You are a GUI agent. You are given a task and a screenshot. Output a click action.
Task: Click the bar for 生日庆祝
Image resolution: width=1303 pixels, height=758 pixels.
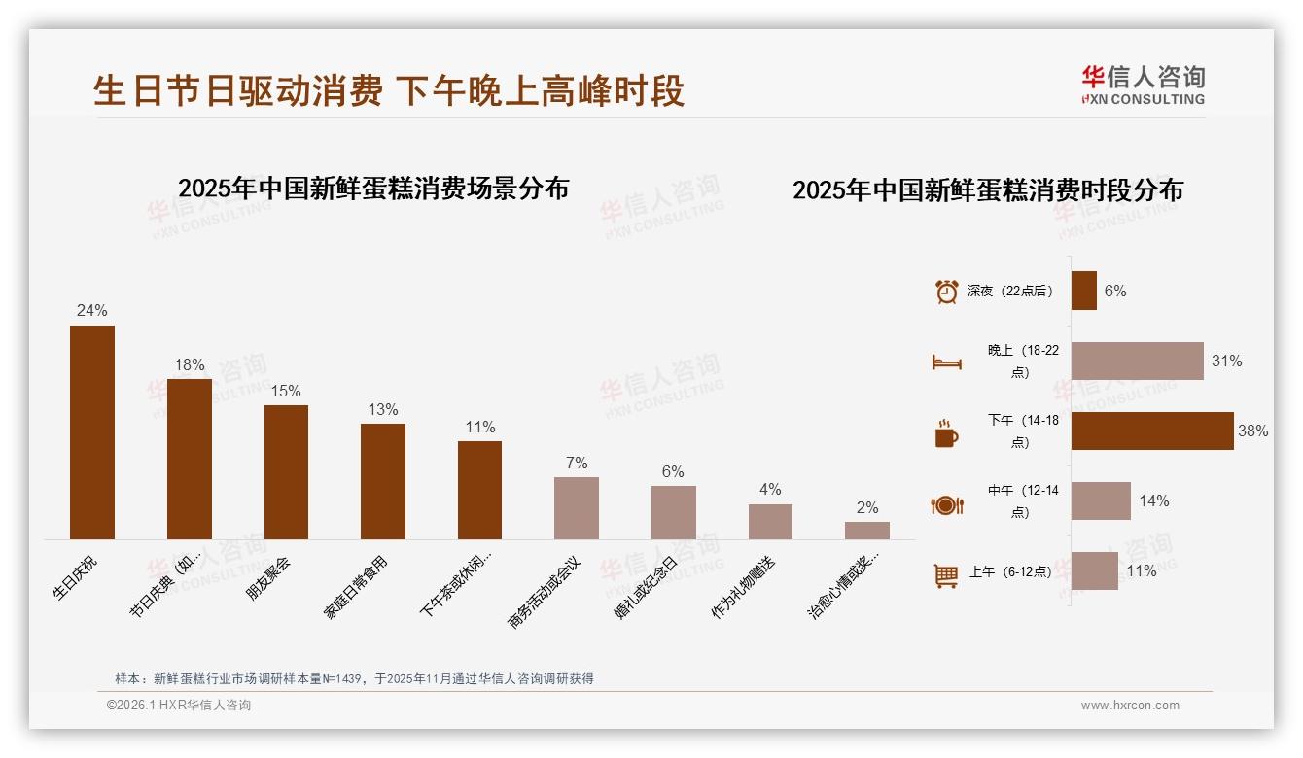point(92,432)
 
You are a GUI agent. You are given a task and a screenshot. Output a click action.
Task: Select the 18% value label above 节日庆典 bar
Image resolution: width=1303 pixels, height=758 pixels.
point(190,365)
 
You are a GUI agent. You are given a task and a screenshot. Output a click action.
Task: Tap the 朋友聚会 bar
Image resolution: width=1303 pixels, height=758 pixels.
point(286,472)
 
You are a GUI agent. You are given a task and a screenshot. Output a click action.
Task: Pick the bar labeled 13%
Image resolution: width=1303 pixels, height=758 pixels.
point(383,481)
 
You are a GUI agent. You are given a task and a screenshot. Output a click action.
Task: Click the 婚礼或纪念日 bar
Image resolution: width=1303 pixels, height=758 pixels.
point(673,512)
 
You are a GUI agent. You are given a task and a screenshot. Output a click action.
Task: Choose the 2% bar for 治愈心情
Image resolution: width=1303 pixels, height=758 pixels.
point(866,531)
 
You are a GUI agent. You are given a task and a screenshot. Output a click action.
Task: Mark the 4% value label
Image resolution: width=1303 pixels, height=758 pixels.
point(770,490)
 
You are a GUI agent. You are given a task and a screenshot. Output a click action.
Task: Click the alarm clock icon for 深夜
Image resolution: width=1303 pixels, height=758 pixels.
point(947,292)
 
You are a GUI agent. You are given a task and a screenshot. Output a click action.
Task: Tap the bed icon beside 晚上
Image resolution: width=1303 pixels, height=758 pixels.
point(947,362)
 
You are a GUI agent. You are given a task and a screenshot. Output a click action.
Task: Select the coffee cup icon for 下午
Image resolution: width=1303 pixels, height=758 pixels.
point(946,432)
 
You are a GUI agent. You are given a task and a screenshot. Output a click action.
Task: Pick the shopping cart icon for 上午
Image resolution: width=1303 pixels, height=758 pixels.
point(946,574)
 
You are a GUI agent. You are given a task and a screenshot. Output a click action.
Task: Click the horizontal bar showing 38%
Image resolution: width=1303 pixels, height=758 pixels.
point(1152,431)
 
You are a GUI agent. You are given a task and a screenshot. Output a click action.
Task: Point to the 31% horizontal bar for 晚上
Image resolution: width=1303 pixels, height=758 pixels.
point(1137,361)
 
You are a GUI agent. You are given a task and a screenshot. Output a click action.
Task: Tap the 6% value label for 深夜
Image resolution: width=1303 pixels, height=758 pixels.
point(1115,291)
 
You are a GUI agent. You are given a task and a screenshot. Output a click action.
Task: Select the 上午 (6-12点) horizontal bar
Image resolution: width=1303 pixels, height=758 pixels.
point(1095,571)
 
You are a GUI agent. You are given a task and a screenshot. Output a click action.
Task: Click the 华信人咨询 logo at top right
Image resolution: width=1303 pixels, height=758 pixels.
point(1143,85)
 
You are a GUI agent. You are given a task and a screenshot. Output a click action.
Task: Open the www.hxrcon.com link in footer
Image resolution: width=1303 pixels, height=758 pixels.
point(1130,706)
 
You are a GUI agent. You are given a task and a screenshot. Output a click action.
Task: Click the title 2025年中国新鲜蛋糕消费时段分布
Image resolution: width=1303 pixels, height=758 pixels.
point(988,190)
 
